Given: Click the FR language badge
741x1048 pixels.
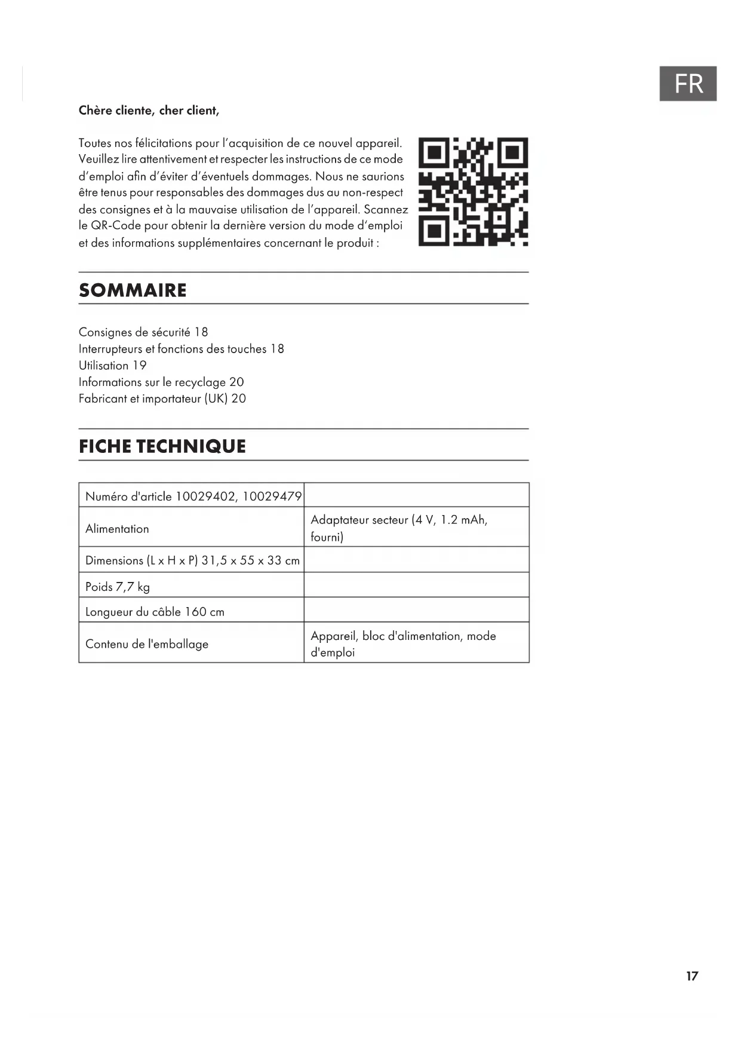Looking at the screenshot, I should click(x=687, y=84).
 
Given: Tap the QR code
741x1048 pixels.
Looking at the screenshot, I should click(x=473, y=192).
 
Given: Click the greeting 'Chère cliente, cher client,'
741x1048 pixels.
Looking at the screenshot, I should click(x=149, y=111).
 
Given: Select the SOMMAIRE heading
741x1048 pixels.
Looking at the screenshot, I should click(x=133, y=290).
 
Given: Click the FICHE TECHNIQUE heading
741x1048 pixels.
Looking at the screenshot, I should click(x=162, y=446).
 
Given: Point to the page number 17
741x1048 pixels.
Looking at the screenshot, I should click(x=691, y=976).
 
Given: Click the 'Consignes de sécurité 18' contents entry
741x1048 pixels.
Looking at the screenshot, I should click(x=143, y=332).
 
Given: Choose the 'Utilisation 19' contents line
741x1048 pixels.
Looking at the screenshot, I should click(x=112, y=366).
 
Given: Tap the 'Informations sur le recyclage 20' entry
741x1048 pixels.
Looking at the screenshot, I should click(x=161, y=382).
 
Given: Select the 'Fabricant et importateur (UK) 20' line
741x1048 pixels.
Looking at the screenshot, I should click(x=162, y=399).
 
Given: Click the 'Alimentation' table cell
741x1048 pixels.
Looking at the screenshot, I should click(x=117, y=529).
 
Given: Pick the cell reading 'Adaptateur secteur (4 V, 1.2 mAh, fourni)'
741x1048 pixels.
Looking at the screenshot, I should click(x=399, y=528).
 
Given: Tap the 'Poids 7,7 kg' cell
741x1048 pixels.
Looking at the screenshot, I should click(x=118, y=587).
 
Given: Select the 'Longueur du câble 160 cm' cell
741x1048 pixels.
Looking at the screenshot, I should click(x=155, y=612).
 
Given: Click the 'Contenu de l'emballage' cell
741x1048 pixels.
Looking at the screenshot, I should click(x=147, y=644).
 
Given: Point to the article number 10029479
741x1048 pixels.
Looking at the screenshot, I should click(x=272, y=497).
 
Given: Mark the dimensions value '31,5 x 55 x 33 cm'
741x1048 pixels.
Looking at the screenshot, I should click(x=250, y=560).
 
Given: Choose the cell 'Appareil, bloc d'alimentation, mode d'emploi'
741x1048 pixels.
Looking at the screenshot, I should click(x=403, y=644).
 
